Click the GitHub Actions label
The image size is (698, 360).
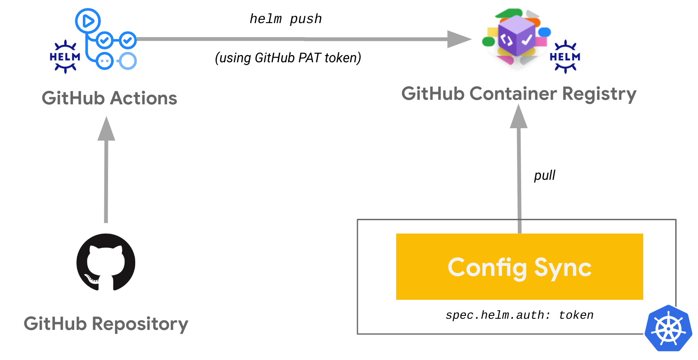pyautogui.click(x=109, y=98)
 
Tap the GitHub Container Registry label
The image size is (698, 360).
pyautogui.click(x=519, y=94)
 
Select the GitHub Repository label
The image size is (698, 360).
pyautogui.click(x=106, y=324)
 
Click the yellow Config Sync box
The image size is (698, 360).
pyautogui.click(x=519, y=266)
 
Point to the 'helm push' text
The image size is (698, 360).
pyautogui.click(x=286, y=19)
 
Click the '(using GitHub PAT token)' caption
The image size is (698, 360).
pyautogui.click(x=288, y=58)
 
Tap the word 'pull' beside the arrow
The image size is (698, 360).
pyautogui.click(x=544, y=176)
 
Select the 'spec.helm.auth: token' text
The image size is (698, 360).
pyautogui.click(x=519, y=315)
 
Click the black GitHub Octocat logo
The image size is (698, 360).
pyautogui.click(x=106, y=262)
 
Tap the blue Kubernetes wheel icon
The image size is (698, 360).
pyautogui.click(x=668, y=328)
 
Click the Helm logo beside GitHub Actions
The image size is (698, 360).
pyautogui.click(x=65, y=57)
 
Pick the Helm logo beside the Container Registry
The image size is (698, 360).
pyautogui.click(x=565, y=57)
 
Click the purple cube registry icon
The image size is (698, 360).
pyautogui.click(x=516, y=36)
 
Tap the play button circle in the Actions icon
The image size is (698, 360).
pyautogui.click(x=88, y=21)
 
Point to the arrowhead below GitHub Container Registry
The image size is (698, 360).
pyautogui.click(x=519, y=116)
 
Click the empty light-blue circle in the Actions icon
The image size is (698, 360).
pyautogui.click(x=127, y=61)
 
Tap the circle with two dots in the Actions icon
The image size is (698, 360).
pyautogui.click(x=104, y=61)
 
